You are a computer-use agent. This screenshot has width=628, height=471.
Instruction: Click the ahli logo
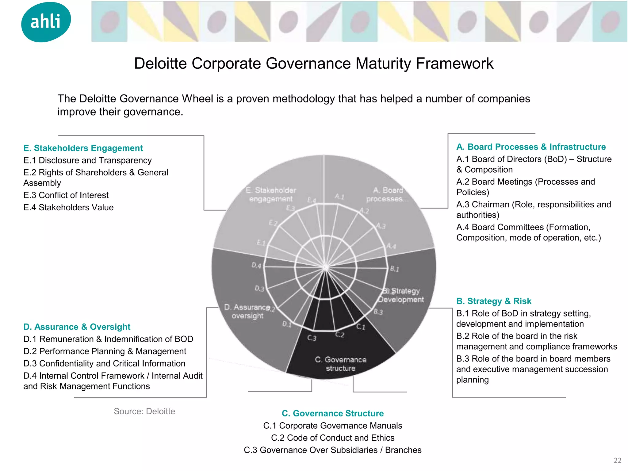(46, 22)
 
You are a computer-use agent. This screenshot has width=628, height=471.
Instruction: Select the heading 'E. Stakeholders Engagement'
(83, 148)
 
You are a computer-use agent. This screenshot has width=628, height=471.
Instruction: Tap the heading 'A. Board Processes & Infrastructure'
(531, 147)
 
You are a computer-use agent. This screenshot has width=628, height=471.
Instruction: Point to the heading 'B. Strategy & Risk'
(494, 301)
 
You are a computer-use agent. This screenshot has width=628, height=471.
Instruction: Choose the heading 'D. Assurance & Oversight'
(77, 327)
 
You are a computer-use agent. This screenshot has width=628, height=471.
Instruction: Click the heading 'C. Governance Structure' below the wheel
(333, 413)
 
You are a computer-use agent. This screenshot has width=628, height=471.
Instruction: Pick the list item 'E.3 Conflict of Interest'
(66, 195)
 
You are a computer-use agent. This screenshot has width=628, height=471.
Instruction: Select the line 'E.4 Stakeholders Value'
(68, 207)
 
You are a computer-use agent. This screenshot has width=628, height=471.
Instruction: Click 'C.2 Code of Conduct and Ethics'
(333, 438)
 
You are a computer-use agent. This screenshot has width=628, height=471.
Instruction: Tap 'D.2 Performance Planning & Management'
(105, 351)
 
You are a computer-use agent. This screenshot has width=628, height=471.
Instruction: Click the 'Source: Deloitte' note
(144, 411)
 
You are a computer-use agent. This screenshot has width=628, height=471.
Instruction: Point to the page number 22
(617, 460)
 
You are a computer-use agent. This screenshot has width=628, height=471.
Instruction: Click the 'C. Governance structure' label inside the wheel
(340, 364)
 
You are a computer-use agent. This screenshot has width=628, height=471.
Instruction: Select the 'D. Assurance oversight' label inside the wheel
(247, 311)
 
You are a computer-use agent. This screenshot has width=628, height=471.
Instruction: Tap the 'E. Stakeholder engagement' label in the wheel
(271, 194)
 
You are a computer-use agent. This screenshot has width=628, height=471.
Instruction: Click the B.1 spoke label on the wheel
(394, 269)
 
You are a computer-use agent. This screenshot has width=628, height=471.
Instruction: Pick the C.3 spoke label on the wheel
(312, 338)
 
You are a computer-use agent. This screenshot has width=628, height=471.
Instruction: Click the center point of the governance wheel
(325, 268)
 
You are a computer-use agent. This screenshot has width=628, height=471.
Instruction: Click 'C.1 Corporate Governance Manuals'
(333, 426)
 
